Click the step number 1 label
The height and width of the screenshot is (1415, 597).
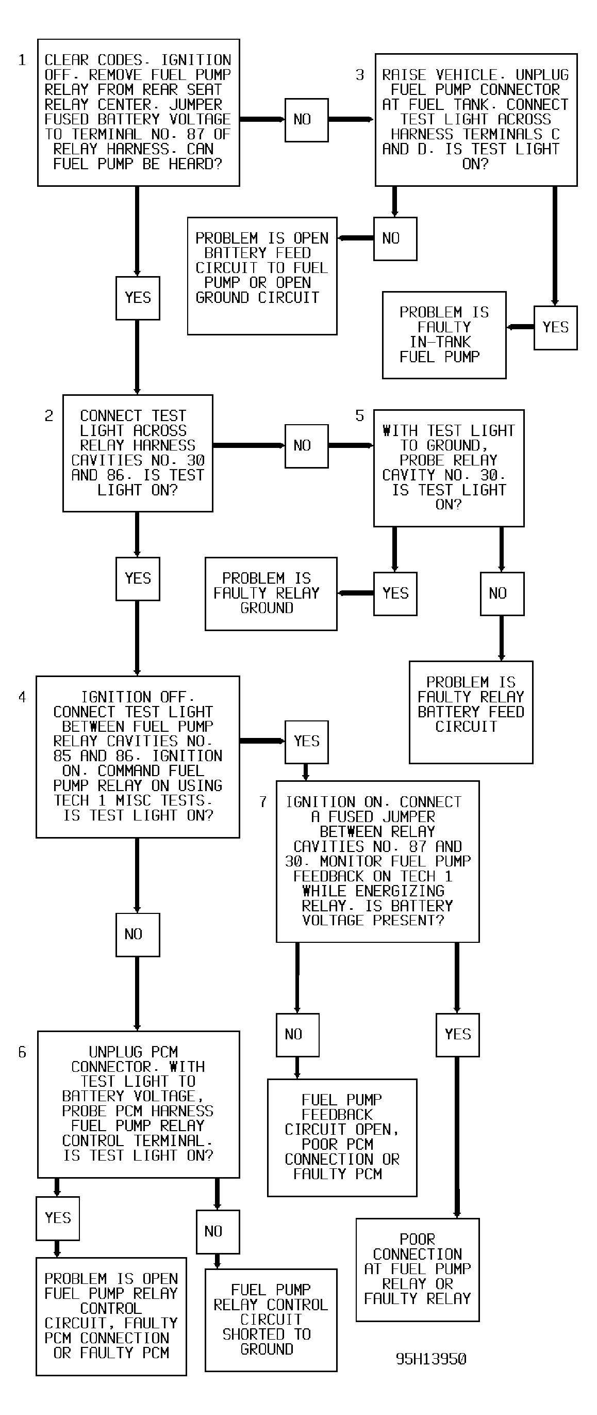(22, 60)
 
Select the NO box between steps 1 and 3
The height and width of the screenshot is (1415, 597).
(307, 120)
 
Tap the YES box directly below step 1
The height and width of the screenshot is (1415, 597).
(138, 298)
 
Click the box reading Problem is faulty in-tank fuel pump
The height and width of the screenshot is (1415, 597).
(444, 335)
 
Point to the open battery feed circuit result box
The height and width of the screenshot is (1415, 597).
(262, 276)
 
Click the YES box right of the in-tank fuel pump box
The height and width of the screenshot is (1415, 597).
(555, 327)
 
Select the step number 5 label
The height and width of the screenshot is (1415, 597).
(359, 416)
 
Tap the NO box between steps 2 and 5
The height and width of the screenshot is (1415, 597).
(307, 445)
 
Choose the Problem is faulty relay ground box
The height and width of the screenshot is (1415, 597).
(271, 594)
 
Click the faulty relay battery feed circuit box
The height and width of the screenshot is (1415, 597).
(471, 712)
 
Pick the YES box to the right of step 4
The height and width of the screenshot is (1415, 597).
(307, 742)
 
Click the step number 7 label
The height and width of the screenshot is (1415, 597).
(263, 802)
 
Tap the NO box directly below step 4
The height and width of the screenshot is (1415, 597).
(138, 935)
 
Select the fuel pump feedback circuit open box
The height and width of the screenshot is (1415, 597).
(342, 1137)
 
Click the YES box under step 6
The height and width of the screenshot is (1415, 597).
(58, 1218)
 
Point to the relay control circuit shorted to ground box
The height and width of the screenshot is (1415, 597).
(271, 1320)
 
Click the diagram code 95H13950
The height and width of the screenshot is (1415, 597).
(432, 1358)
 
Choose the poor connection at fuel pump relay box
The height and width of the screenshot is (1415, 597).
(418, 1269)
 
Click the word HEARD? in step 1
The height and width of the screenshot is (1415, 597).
(195, 164)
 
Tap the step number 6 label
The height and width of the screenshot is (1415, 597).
(22, 1052)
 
